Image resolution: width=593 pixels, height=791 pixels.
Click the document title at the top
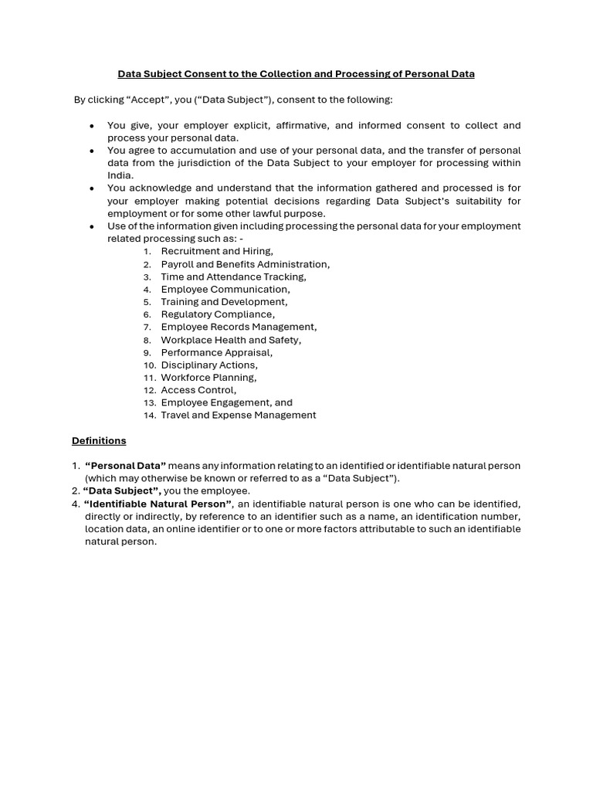coord(296,74)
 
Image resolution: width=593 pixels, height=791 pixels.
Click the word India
coord(120,175)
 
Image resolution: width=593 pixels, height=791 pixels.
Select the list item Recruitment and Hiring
coord(216,251)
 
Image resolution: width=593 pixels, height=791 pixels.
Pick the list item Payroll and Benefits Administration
coord(245,264)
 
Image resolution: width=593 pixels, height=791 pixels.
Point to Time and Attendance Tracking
coord(233,277)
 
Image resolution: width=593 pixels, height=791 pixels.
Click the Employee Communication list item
coord(225,289)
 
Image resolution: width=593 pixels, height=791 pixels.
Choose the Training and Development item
coord(224,302)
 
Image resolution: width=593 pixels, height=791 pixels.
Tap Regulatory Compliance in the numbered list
coord(218,314)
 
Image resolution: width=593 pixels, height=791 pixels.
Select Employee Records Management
coord(239,327)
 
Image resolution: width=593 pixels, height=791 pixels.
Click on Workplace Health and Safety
coord(231,340)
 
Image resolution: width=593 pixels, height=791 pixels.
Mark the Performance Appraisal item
coord(216,352)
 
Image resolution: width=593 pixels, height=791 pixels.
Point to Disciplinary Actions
coord(209,365)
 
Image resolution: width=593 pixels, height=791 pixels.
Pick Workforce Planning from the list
coord(208,378)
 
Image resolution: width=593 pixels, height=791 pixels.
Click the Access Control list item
coord(198,390)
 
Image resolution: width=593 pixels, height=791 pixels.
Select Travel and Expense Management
coord(238,416)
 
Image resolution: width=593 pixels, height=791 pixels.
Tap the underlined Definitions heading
coord(99,441)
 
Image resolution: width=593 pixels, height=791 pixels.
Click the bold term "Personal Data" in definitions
coord(125,466)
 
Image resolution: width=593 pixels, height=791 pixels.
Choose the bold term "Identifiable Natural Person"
coord(158,504)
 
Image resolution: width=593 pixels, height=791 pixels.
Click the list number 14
coord(149,416)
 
